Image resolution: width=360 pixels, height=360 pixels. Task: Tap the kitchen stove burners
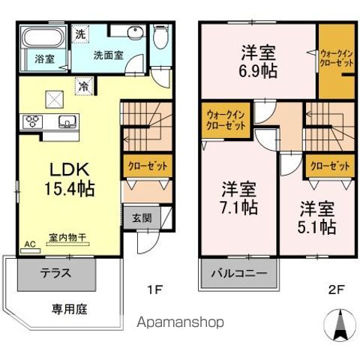click(34, 121)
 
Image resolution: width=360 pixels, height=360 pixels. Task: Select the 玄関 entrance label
click(142, 218)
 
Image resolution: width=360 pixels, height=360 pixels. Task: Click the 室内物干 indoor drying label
click(67, 237)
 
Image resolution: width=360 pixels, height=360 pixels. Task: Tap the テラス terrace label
click(55, 273)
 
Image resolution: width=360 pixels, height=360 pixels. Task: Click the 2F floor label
click(334, 287)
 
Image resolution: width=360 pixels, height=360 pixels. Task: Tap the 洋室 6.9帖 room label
click(257, 62)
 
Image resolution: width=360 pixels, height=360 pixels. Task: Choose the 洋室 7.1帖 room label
click(238, 196)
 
